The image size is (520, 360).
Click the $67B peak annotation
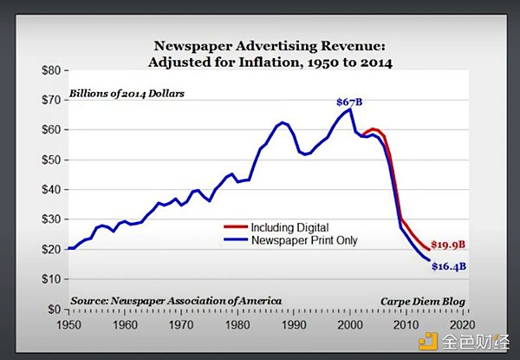pos(349,101)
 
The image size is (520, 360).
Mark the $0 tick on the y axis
pos(55,309)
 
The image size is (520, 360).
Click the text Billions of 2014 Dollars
pos(127,92)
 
